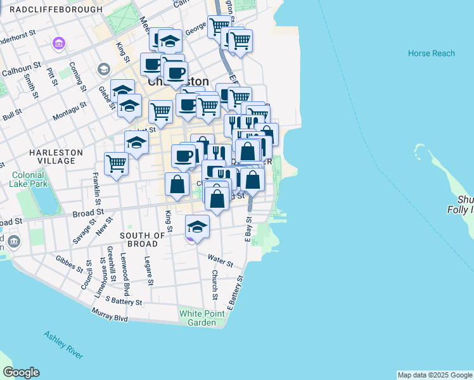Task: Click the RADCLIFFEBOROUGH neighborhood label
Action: [56, 10]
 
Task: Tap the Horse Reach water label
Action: [432, 53]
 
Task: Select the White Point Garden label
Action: [197, 317]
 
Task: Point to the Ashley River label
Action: [63, 344]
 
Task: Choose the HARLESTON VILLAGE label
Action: [56, 157]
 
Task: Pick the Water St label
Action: [221, 260]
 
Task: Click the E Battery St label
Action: [235, 292]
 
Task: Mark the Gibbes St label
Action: [69, 263]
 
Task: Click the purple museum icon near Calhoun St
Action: [59, 44]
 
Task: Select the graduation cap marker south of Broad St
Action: [197, 227]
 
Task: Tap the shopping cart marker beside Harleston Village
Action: [116, 163]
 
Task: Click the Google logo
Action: [21, 372]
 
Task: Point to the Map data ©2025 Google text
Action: [435, 375]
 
